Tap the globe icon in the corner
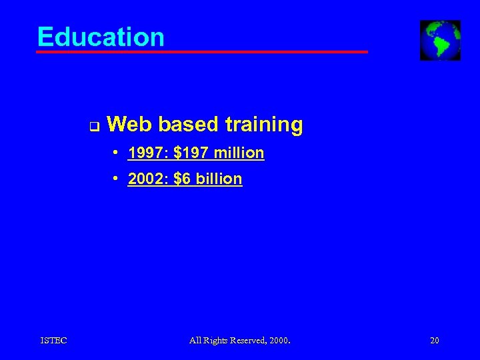click(x=440, y=40)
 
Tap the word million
click(x=239, y=153)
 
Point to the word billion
click(x=219, y=179)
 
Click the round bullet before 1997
click(x=116, y=153)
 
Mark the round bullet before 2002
click(x=116, y=179)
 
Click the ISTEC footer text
click(x=53, y=341)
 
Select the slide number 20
click(x=435, y=341)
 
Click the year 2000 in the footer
click(x=280, y=341)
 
